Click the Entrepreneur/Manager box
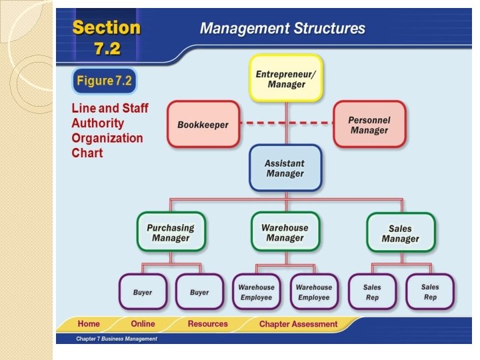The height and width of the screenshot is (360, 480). [286, 79]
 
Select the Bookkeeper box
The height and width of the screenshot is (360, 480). [203, 125]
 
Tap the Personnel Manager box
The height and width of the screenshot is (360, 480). [369, 125]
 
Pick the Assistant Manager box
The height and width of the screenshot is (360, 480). [285, 168]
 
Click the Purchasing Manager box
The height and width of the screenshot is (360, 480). [171, 232]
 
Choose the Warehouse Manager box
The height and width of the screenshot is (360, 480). [285, 232]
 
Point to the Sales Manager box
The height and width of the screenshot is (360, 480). [400, 233]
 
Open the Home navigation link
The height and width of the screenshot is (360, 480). [89, 324]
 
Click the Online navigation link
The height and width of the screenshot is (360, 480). [143, 324]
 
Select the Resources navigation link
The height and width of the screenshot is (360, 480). [207, 324]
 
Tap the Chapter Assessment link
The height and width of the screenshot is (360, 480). [298, 325]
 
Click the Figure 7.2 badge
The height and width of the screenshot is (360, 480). [104, 81]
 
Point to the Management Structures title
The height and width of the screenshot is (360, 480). [283, 29]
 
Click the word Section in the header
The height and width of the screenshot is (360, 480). [107, 28]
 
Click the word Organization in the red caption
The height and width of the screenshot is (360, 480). [107, 138]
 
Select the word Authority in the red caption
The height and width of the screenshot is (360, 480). [98, 123]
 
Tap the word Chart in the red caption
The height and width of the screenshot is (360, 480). [87, 153]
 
